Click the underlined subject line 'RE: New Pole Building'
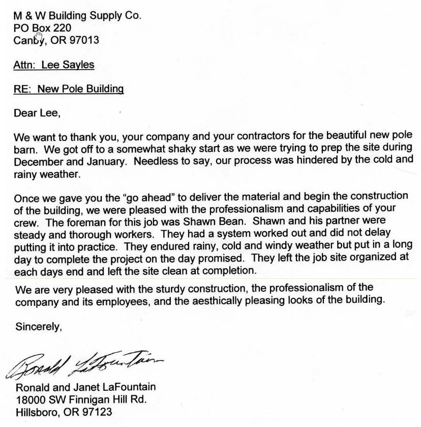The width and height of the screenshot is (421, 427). tap(69, 89)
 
